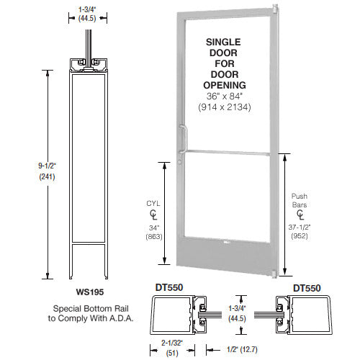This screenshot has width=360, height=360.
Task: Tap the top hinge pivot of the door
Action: click(274, 9)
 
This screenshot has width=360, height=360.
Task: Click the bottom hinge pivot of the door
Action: click(274, 273)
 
